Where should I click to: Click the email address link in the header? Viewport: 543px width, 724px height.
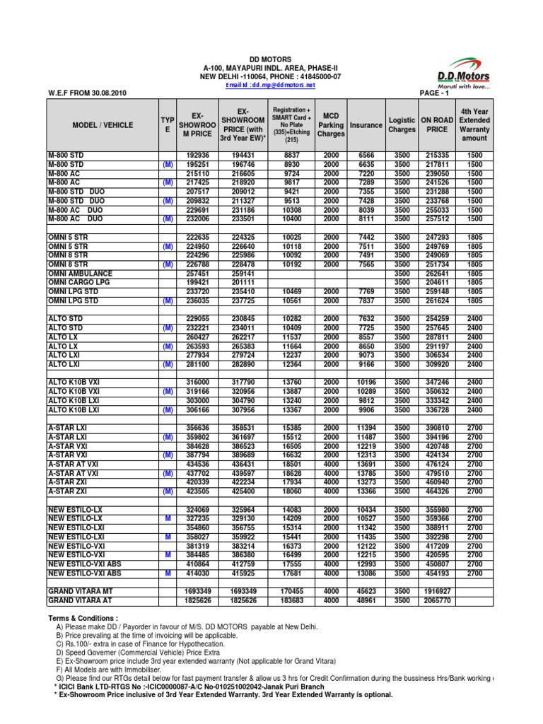point(270,85)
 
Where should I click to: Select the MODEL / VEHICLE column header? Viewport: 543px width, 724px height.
point(103,124)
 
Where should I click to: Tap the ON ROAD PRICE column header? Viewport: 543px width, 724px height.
point(438,124)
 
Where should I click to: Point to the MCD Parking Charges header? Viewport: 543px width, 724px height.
point(331,124)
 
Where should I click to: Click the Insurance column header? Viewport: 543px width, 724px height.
point(366,125)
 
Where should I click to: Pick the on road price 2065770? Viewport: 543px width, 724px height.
point(438,600)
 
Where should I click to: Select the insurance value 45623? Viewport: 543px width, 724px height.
point(366,591)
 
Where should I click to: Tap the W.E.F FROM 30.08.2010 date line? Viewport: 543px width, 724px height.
point(88,93)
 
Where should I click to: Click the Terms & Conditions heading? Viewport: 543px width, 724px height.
point(83,618)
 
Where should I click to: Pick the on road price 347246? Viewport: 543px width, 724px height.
point(438,383)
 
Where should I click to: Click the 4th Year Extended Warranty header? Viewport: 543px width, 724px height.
point(474,124)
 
